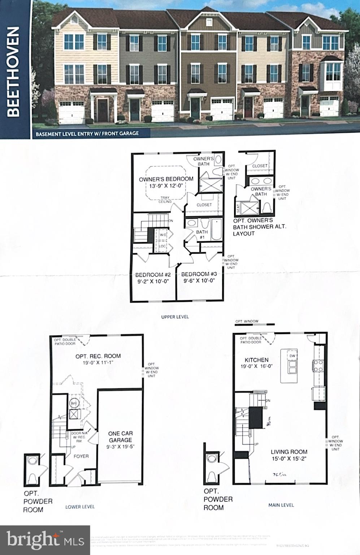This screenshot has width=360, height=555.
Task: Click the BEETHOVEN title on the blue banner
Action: (x=13, y=71)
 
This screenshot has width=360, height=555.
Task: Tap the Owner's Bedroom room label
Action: (x=166, y=179)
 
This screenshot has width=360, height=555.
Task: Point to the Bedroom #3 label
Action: (x=199, y=274)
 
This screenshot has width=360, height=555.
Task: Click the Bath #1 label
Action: (x=202, y=235)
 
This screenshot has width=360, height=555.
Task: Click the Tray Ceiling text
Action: (x=165, y=199)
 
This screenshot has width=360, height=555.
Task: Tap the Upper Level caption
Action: (x=175, y=317)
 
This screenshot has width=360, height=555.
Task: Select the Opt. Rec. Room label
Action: (x=98, y=356)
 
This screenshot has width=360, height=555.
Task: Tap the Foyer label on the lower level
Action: (x=81, y=456)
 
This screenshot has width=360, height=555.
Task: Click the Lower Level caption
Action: (x=80, y=507)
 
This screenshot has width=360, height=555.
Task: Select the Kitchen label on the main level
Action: (x=256, y=360)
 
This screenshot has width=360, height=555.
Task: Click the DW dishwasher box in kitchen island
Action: (x=292, y=356)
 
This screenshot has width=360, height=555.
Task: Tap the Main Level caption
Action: (x=281, y=505)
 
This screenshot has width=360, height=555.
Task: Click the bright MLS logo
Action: (x=45, y=540)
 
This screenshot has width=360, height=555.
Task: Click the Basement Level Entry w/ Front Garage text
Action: (x=87, y=133)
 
